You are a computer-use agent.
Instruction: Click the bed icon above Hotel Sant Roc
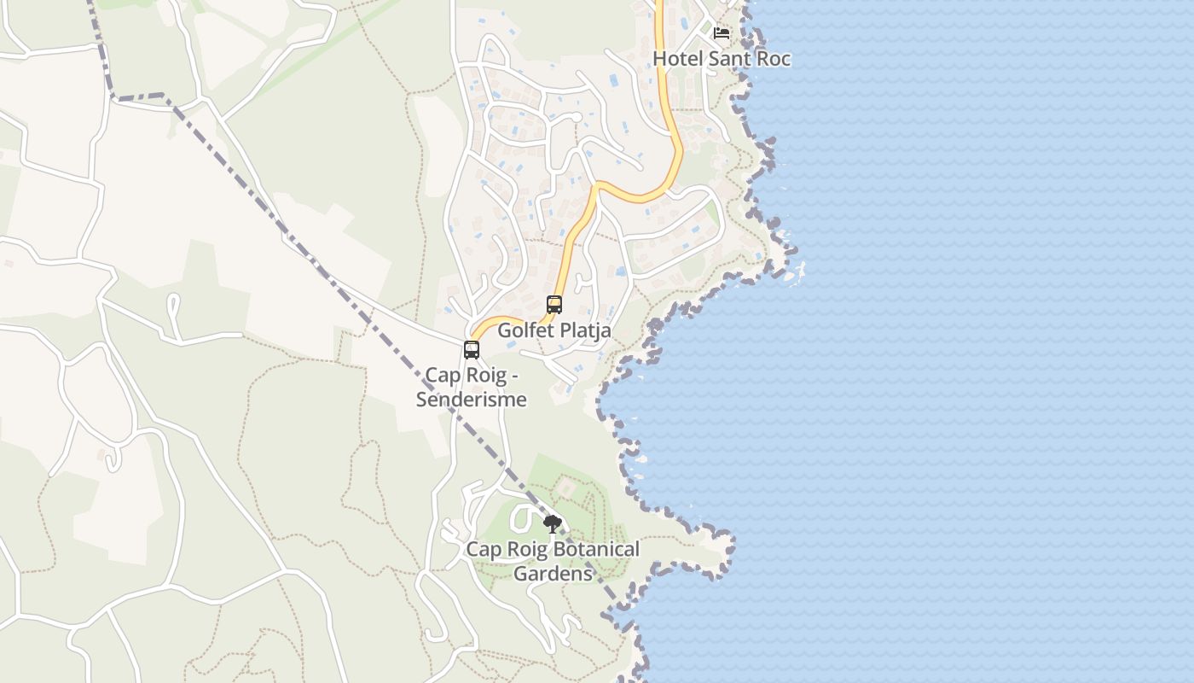[722, 33]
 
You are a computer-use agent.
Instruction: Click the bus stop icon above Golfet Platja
[554, 304]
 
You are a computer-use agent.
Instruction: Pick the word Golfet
[523, 330]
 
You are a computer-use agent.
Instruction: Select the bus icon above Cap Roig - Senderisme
[472, 349]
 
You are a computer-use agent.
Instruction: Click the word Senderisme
[472, 399]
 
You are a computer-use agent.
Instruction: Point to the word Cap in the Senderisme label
[442, 376]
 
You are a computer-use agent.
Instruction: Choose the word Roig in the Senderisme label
[484, 376]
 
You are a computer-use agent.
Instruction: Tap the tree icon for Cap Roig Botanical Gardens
[553, 523]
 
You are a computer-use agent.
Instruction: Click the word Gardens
[553, 574]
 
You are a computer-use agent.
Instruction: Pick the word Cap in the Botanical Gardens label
[483, 550]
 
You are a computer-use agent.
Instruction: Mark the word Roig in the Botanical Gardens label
[525, 550]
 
